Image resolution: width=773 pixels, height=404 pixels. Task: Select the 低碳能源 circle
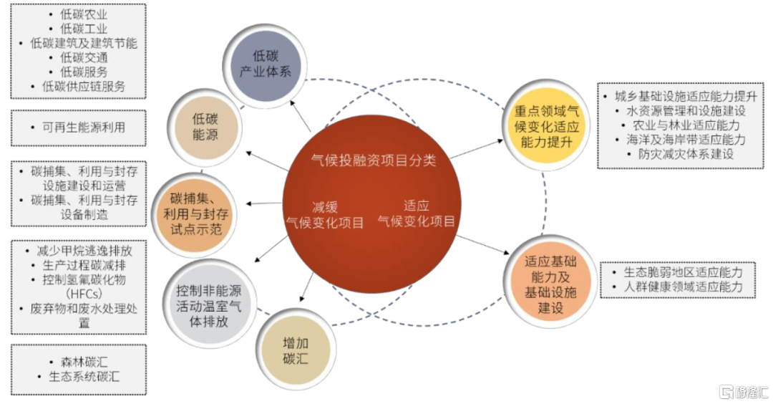point(205,127)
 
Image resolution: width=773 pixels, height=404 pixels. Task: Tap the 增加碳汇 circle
point(296,350)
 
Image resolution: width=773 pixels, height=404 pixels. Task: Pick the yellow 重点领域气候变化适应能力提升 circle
point(546,126)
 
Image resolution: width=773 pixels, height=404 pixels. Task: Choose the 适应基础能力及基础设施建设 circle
point(550,284)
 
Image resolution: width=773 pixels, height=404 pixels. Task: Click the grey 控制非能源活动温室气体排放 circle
point(209,306)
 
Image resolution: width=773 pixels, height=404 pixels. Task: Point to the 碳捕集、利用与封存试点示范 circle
point(195,213)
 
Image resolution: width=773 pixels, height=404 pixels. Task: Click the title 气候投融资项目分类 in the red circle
point(374,160)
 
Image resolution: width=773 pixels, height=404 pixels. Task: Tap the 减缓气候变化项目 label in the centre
point(325,215)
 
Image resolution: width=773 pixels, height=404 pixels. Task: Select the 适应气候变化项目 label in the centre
point(416,213)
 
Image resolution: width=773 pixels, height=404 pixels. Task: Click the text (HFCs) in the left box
point(84,294)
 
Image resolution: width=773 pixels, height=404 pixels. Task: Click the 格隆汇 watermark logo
point(744,392)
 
